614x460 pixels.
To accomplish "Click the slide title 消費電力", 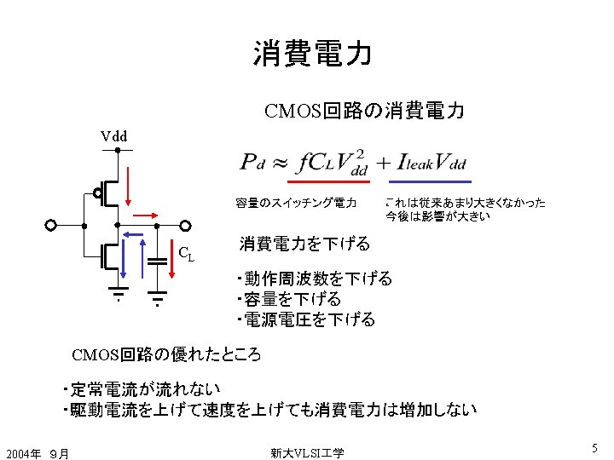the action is coord(312,53).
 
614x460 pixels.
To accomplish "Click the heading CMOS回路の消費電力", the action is coord(364,111).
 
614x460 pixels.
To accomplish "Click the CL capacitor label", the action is coord(185,252).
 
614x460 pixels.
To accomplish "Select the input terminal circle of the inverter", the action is coord(51,226).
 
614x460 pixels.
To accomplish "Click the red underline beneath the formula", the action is coord(329,181).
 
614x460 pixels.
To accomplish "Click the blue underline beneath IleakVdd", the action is coord(431,181).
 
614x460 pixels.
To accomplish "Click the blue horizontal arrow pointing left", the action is coord(135,233).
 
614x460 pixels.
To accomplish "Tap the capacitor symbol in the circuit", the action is coord(157,260).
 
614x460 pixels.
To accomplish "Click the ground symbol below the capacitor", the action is coord(157,298).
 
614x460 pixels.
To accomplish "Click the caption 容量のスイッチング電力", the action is coord(296,203).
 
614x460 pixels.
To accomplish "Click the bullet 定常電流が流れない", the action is coord(141,389).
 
